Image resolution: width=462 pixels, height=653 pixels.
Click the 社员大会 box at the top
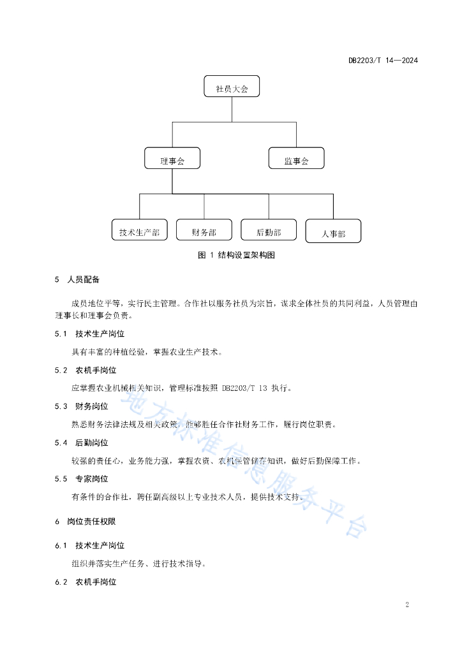point(232,86)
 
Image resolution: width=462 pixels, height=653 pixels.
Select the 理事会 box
point(172,158)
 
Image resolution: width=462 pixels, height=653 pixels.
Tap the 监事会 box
point(296,158)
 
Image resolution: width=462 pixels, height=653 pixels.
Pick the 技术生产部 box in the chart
point(140,230)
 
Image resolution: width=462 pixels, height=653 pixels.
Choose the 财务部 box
point(204,230)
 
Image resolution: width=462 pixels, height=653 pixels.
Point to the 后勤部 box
point(269,230)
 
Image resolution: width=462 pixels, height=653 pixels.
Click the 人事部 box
point(333,231)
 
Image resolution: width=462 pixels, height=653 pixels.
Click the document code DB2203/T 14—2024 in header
point(383,61)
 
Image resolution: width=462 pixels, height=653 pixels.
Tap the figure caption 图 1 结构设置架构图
point(236,255)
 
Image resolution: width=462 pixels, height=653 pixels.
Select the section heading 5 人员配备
point(77,279)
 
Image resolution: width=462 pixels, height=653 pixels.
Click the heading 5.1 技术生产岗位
point(89,334)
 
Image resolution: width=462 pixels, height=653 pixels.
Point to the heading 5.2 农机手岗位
point(86,370)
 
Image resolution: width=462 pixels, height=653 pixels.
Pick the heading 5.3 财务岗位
point(81,406)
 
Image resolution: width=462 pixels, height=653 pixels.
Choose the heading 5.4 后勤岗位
point(81,443)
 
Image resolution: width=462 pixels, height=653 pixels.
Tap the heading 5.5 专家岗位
point(81,478)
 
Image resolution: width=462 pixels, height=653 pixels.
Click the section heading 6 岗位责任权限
point(86,522)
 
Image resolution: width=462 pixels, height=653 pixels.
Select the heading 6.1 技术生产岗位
point(89,545)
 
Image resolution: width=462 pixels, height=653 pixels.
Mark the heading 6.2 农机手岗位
point(86,582)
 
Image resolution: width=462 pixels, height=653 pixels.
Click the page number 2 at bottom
point(407,605)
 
